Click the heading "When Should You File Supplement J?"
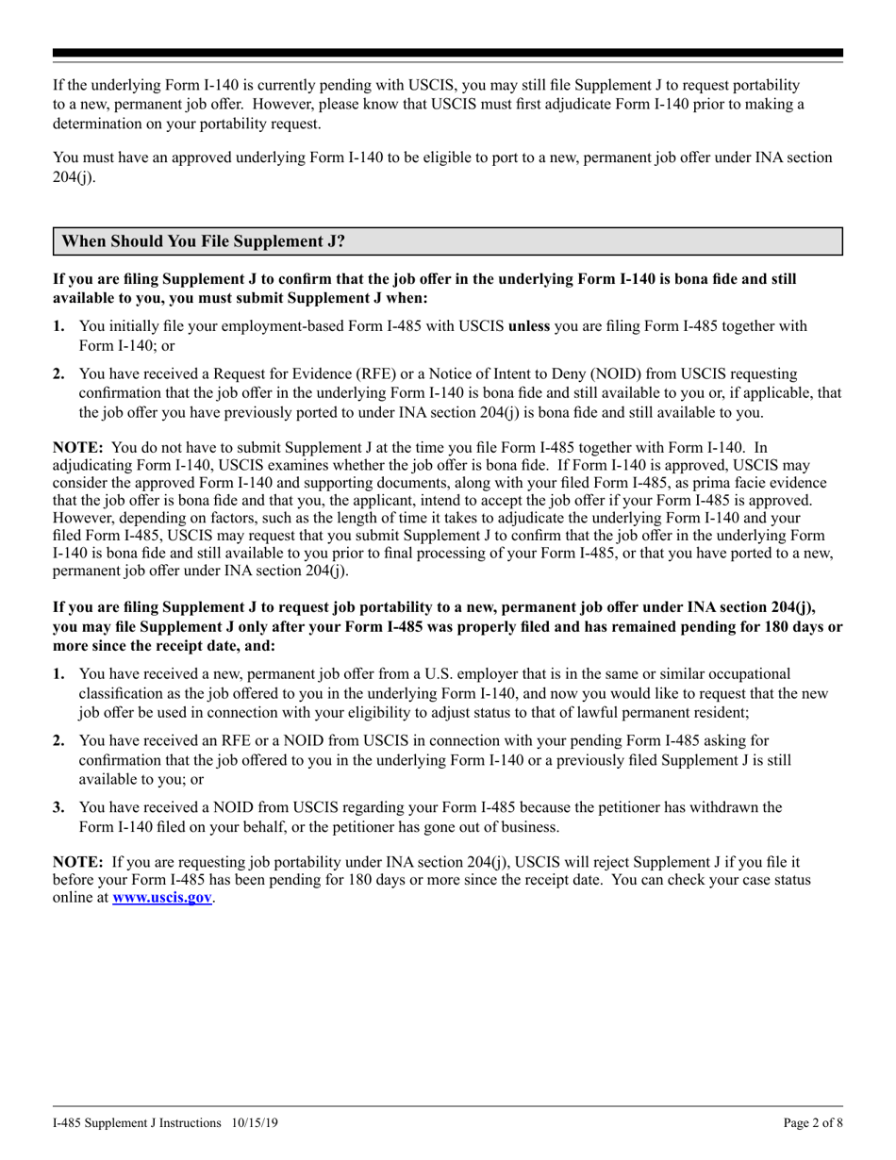(203, 241)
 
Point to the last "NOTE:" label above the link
(78, 861)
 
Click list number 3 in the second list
(58, 807)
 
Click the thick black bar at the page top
(448, 54)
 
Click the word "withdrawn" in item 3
(719, 807)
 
